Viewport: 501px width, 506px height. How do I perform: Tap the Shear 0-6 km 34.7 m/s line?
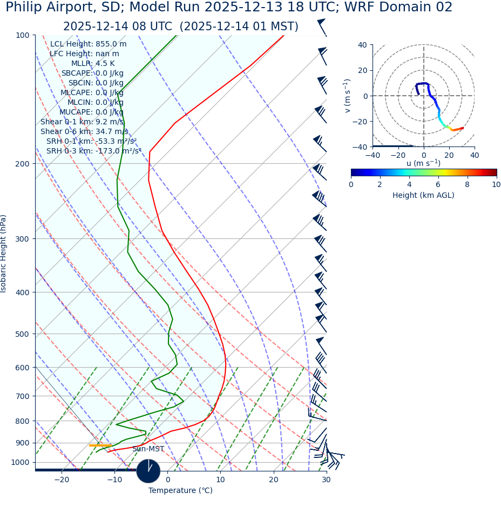click(x=84, y=131)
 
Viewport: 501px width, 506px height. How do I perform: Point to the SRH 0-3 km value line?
click(x=94, y=151)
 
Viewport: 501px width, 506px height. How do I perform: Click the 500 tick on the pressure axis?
click(x=22, y=334)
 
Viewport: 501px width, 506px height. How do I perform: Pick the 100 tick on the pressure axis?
click(x=22, y=35)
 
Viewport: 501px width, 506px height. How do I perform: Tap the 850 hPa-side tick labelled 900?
click(x=22, y=443)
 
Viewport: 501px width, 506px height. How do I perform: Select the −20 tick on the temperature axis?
click(x=62, y=480)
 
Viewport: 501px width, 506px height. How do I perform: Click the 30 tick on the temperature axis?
click(x=326, y=480)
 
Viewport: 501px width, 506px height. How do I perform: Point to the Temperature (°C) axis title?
click(x=180, y=491)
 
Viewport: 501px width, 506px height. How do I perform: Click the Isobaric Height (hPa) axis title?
click(x=4, y=254)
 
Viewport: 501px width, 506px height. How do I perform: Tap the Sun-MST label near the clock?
click(x=148, y=449)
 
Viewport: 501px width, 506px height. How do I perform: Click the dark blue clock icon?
click(x=148, y=471)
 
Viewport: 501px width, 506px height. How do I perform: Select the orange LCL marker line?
click(x=100, y=445)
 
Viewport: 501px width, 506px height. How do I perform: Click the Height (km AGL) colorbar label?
click(x=423, y=195)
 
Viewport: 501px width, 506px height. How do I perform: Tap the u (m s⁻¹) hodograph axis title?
click(x=423, y=163)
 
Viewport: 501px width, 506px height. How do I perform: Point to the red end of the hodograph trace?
click(x=462, y=128)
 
